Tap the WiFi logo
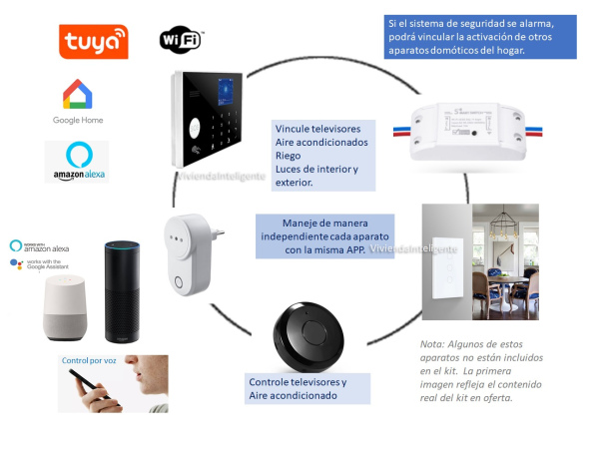tap(181, 39)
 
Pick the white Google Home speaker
tap(67, 307)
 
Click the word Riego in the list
tap(290, 156)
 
